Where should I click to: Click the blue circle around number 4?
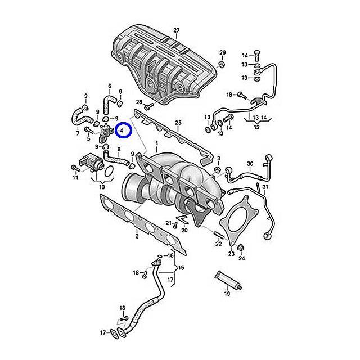click(123, 130)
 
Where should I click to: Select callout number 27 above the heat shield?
click(176, 30)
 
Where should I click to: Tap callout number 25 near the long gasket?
click(178, 123)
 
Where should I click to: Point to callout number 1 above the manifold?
click(157, 143)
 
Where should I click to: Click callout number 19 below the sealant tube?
click(227, 294)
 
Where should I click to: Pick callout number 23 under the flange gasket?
click(231, 254)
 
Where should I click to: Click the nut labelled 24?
click(241, 247)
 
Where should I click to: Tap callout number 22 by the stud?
click(218, 244)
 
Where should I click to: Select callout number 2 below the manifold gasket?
click(137, 236)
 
